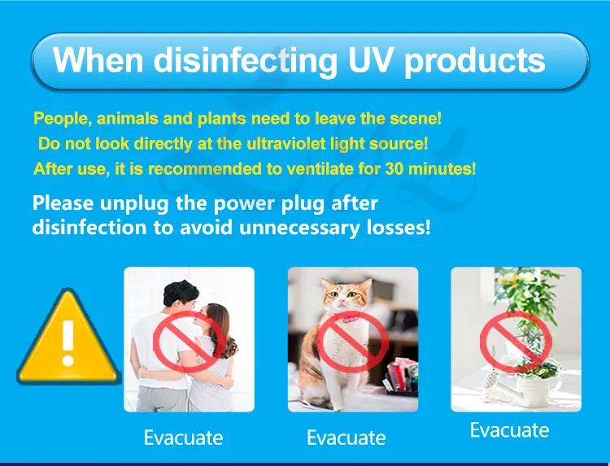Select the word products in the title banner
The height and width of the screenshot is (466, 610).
tap(475, 61)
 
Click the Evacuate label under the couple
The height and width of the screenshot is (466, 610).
tap(183, 438)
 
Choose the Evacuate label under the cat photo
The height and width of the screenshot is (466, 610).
tap(346, 438)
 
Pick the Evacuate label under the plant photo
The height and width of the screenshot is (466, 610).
tap(509, 429)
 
